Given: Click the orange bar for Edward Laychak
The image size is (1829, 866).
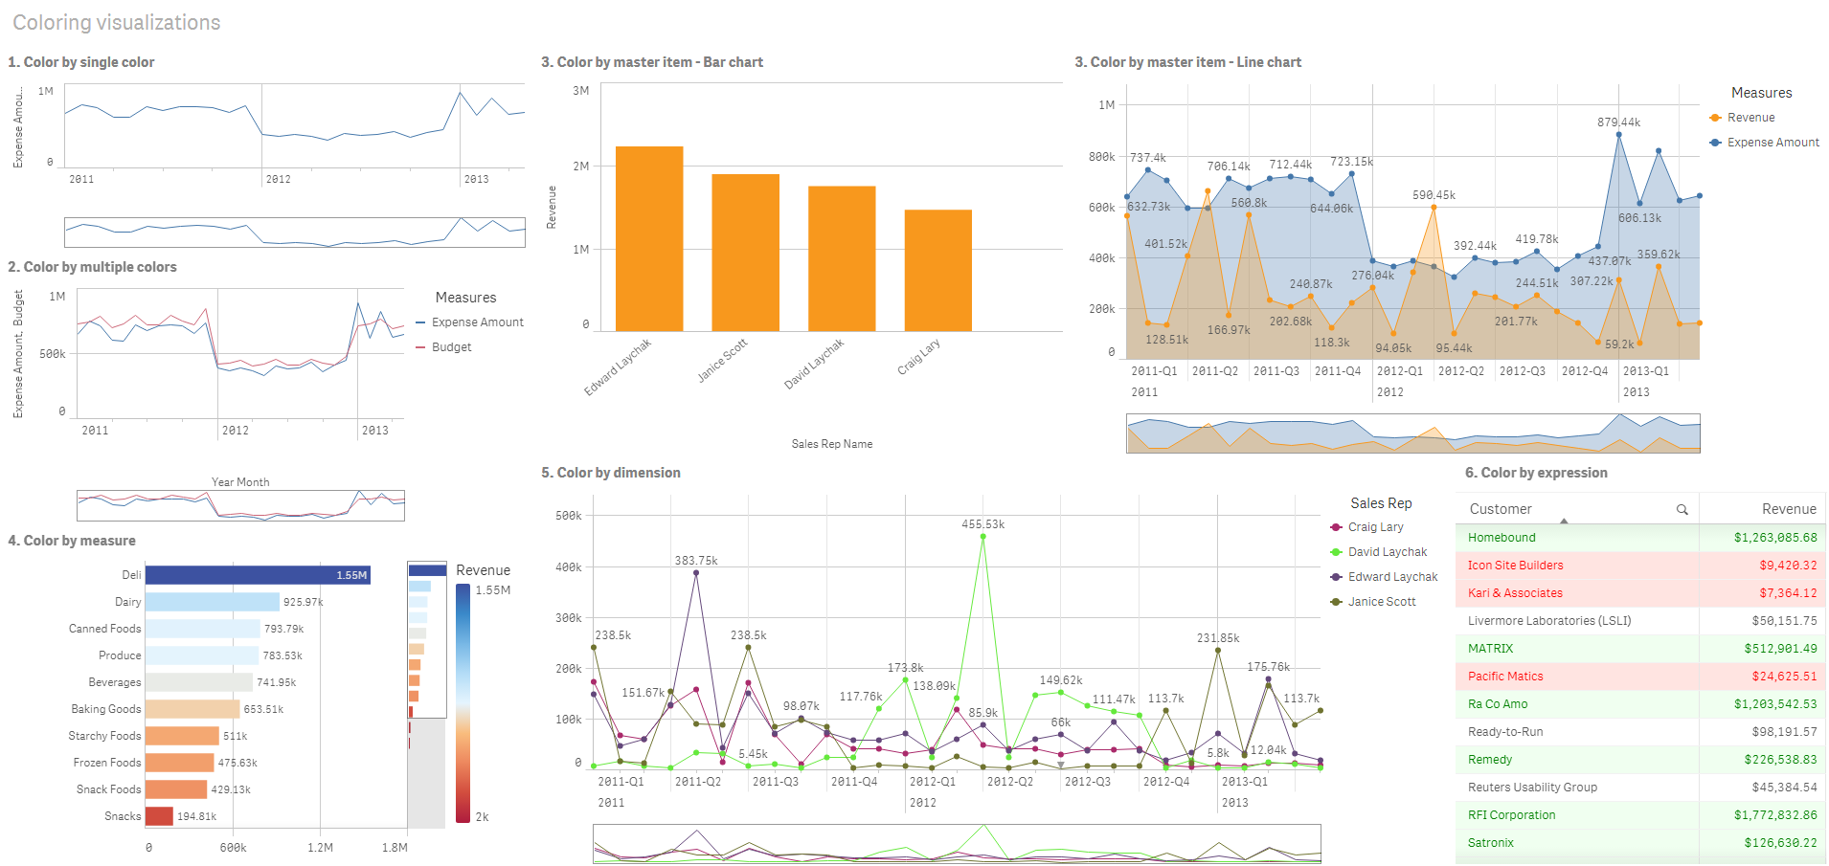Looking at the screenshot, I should pyautogui.click(x=648, y=239).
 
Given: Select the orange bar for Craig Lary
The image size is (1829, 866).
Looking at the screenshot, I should pyautogui.click(x=937, y=271).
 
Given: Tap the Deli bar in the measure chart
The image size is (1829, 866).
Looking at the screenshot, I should pyautogui.click(x=257, y=575).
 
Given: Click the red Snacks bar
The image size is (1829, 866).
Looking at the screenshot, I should pyautogui.click(x=159, y=816).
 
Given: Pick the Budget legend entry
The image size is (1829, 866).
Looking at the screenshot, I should pyautogui.click(x=451, y=347).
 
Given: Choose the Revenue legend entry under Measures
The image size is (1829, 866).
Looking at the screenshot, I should pyautogui.click(x=1750, y=118).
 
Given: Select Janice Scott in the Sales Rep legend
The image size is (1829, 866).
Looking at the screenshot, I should pyautogui.click(x=1381, y=602).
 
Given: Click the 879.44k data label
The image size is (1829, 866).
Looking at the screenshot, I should pyautogui.click(x=1618, y=122).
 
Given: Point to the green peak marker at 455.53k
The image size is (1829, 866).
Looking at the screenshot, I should pyautogui.click(x=982, y=537).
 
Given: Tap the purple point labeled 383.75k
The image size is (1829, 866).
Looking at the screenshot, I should pyautogui.click(x=696, y=573).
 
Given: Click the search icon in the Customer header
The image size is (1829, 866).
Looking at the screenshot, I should pyautogui.click(x=1682, y=510).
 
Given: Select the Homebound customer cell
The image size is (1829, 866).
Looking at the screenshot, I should pyautogui.click(x=1502, y=538).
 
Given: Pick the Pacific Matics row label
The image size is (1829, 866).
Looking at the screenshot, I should pyautogui.click(x=1505, y=677).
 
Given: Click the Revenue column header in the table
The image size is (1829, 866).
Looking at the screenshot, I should pyautogui.click(x=1788, y=509).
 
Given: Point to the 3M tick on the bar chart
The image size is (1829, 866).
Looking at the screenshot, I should pyautogui.click(x=580, y=91).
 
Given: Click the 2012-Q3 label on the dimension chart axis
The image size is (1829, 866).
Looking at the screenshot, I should pyautogui.click(x=1087, y=782).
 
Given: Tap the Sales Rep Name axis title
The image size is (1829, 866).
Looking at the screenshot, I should pyautogui.click(x=831, y=444).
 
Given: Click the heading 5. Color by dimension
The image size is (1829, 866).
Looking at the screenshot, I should pyautogui.click(x=610, y=473).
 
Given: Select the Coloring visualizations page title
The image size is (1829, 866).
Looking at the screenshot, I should pyautogui.click(x=117, y=23).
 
